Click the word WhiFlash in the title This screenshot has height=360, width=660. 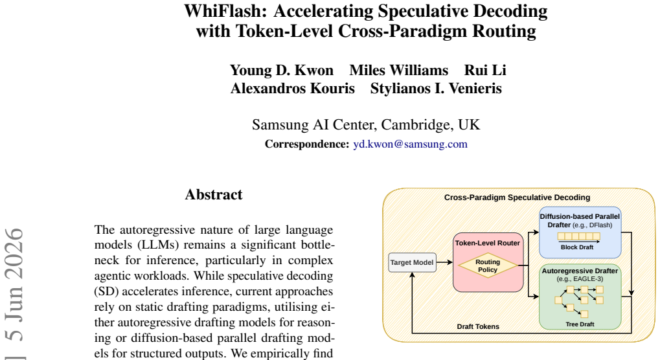coord(225,12)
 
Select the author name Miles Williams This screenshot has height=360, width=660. coord(398,70)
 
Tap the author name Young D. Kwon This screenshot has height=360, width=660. coord(282,70)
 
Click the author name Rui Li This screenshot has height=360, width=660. coord(485,70)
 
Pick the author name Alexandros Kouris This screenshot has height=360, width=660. coord(293,88)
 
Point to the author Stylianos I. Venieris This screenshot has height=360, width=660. coord(436,88)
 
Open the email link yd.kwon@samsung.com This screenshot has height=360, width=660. coord(411,144)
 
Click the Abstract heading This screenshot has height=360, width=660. coord(214,195)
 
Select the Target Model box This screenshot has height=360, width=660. coord(412,262)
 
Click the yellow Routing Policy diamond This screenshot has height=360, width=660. coord(488,266)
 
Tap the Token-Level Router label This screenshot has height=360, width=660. coord(488,243)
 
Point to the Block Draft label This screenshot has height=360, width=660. coord(577,247)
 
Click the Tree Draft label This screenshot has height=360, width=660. coord(580,324)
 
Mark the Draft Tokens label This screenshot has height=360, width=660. coord(478,326)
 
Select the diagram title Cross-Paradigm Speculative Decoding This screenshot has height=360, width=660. coord(518,197)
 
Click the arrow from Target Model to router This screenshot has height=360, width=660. coord(444,262)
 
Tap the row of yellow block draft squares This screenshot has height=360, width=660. coord(579,236)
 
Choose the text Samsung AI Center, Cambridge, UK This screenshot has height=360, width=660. coord(366,125)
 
